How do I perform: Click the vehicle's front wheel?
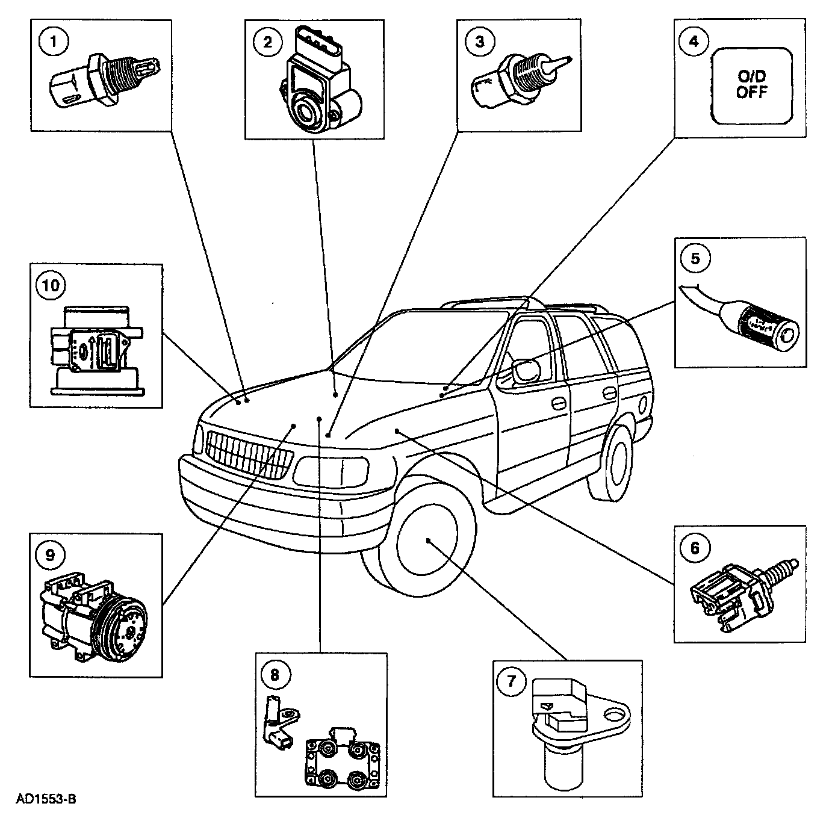tap(426, 541)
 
